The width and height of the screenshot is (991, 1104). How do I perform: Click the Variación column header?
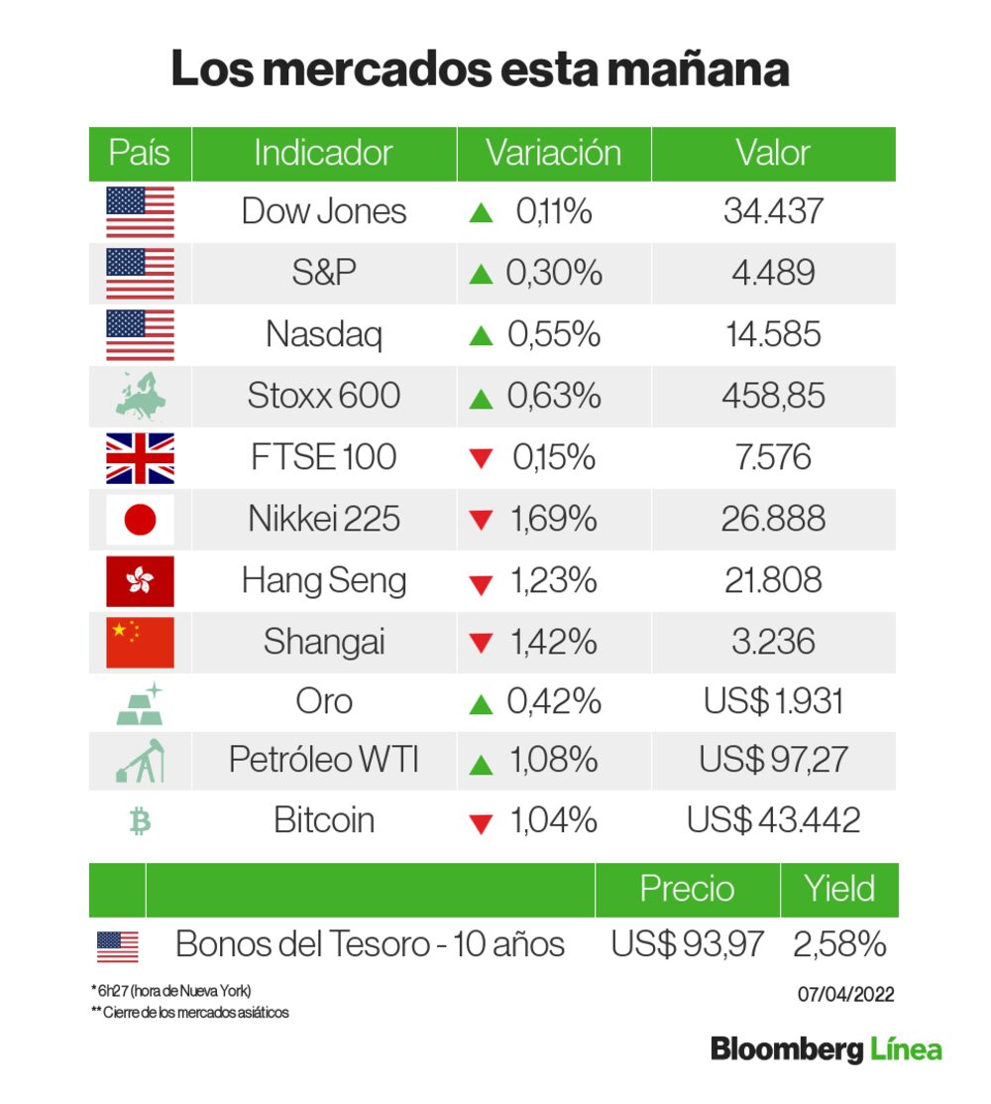(553, 154)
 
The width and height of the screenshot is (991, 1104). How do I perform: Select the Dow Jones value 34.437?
(773, 211)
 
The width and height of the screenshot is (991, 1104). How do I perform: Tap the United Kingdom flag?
(140, 458)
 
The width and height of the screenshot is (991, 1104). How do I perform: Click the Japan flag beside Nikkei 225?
(140, 520)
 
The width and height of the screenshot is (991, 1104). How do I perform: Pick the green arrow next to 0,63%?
(482, 399)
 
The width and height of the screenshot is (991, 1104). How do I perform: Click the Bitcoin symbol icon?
(140, 821)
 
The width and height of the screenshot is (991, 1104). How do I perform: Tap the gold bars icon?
(140, 702)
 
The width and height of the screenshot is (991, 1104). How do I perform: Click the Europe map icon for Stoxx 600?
(140, 396)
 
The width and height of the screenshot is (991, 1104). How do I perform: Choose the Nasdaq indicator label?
(324, 335)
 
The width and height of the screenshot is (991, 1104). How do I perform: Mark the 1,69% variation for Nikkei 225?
(554, 520)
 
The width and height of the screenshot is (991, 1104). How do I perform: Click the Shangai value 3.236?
(773, 642)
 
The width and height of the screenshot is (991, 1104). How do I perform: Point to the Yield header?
(839, 889)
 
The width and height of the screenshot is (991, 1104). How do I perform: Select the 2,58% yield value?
(839, 944)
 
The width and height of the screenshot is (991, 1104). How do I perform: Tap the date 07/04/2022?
(845, 994)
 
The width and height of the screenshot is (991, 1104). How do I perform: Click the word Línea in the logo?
(906, 1049)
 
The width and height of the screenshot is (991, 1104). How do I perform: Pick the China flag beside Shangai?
(140, 642)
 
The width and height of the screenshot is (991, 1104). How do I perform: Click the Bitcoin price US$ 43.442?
(773, 821)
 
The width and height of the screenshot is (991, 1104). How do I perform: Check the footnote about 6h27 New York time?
(168, 991)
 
